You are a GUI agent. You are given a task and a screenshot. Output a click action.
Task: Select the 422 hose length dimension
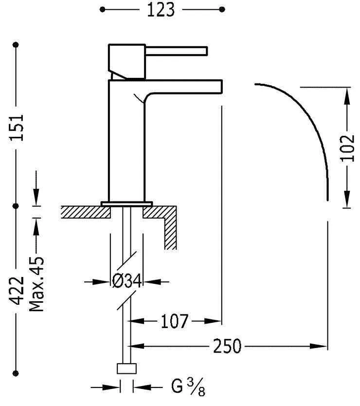pyautogui.click(x=18, y=291)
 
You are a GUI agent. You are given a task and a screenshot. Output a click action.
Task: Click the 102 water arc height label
pyautogui.click(x=347, y=147)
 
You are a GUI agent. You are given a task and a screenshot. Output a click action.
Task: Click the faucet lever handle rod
pyautogui.click(x=177, y=51)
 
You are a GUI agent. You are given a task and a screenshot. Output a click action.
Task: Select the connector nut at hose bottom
pyautogui.click(x=126, y=369)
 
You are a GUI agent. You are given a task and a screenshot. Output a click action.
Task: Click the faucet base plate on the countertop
pyautogui.click(x=126, y=203)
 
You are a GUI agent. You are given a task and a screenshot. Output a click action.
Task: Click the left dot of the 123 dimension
pyautogui.click(x=103, y=9)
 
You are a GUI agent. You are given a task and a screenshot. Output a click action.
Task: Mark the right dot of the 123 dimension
pyautogui.click(x=222, y=9)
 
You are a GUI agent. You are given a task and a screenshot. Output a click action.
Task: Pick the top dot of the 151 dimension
pyautogui.click(x=18, y=44)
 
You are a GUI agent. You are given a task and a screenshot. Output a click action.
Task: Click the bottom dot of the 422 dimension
pyautogui.click(x=18, y=373)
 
